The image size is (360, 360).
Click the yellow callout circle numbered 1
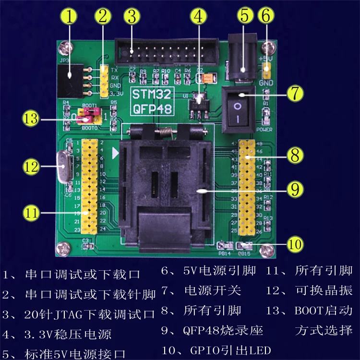coord(70,17)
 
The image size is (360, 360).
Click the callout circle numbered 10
coord(294,244)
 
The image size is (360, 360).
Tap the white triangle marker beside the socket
coord(115,154)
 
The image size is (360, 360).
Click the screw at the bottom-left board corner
coord(61,248)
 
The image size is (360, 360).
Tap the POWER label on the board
coord(265,129)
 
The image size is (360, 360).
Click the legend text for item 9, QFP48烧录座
coord(209,331)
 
